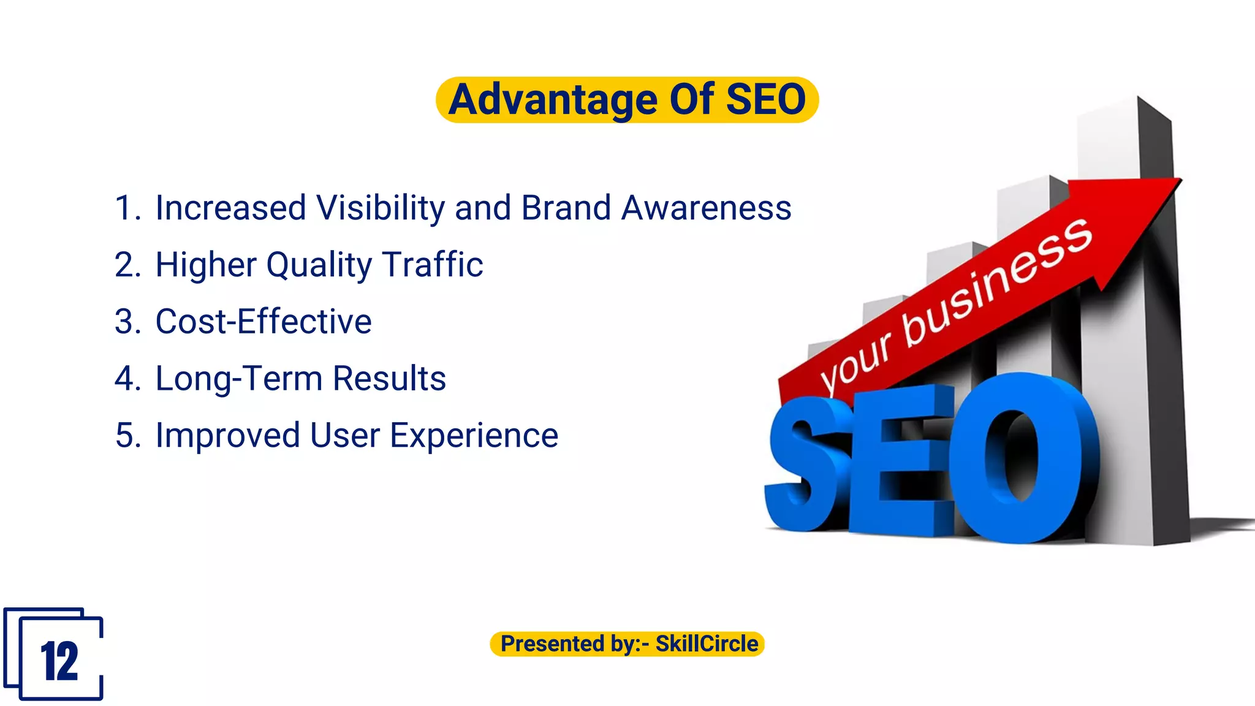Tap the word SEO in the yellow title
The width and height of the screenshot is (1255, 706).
[765, 100]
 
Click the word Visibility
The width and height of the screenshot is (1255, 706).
[381, 208]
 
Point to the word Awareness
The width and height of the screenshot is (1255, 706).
[706, 208]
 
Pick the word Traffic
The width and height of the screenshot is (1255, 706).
[433, 265]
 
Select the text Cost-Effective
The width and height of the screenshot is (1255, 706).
[264, 322]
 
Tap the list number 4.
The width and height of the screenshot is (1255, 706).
[127, 378]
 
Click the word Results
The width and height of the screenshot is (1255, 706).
[389, 378]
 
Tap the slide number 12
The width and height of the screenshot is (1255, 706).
[59, 662]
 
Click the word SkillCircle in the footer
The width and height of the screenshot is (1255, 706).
[707, 644]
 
